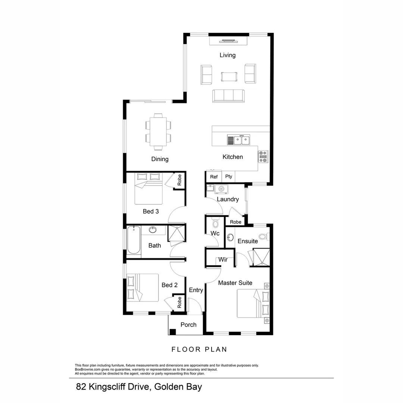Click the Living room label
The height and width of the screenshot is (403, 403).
click(227, 55)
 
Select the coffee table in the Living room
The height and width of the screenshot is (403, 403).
click(229, 76)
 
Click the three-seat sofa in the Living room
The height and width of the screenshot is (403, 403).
click(228, 96)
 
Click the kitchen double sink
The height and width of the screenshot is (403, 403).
click(238, 140)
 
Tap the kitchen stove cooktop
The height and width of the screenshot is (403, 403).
click(263, 156)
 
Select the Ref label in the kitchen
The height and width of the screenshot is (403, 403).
click(214, 177)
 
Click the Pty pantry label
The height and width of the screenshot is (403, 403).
click(228, 177)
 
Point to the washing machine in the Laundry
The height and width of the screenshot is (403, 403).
click(221, 189)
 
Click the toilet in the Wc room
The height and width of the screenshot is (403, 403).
click(215, 224)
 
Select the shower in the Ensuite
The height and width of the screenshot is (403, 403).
click(261, 257)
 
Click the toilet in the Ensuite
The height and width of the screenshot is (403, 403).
click(263, 236)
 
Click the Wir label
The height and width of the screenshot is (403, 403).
click(223, 260)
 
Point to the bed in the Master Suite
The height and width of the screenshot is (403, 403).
click(253, 304)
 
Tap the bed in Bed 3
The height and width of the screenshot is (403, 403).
click(149, 188)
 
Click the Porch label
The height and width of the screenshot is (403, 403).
click(188, 325)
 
